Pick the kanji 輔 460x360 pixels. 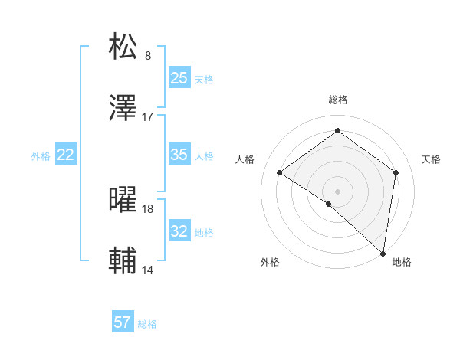(123, 261)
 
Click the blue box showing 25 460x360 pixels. (179, 77)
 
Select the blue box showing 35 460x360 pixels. (179, 155)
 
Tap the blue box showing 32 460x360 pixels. (179, 231)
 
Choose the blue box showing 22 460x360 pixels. (65, 155)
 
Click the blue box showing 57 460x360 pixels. (123, 322)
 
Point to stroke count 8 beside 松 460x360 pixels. (148, 56)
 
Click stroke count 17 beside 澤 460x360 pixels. (148, 117)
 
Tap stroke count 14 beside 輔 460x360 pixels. (148, 270)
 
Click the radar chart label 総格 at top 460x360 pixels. (338, 100)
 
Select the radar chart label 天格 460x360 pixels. (432, 159)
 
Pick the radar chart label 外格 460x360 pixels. (270, 263)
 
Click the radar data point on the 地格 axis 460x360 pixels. (383, 253)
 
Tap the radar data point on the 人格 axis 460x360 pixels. (280, 172)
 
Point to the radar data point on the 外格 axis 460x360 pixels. (329, 204)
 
